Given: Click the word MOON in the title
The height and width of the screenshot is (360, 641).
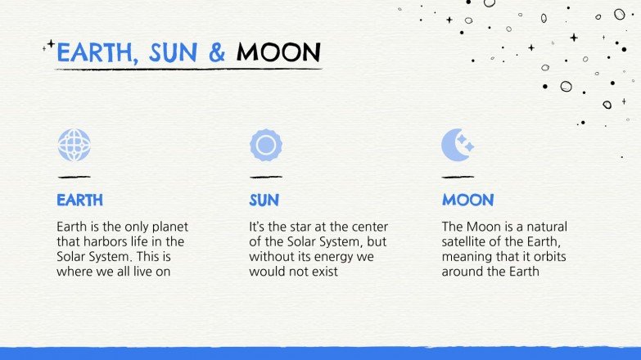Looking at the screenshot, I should click(278, 53).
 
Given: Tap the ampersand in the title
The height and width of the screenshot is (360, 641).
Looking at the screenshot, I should click(217, 53).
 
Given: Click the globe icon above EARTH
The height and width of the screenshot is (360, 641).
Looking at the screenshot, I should click(74, 145).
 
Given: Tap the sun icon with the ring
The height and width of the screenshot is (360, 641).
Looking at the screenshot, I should click(266, 146).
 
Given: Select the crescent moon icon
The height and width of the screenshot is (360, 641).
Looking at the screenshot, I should click(457, 145).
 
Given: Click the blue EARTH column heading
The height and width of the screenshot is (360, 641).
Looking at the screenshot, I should click(79, 200).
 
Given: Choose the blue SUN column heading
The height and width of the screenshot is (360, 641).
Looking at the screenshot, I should click(264, 200).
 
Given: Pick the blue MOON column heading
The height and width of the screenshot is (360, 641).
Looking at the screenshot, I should click(467, 200).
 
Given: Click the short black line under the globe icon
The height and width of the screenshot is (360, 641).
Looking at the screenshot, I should click(74, 177).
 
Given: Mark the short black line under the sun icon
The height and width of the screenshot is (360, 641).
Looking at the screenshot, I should click(266, 177).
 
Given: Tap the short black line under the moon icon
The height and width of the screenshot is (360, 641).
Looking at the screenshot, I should click(458, 177).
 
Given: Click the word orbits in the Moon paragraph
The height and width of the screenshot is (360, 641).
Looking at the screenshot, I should click(547, 256).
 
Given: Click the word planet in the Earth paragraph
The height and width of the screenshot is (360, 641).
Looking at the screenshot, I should click(169, 227).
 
